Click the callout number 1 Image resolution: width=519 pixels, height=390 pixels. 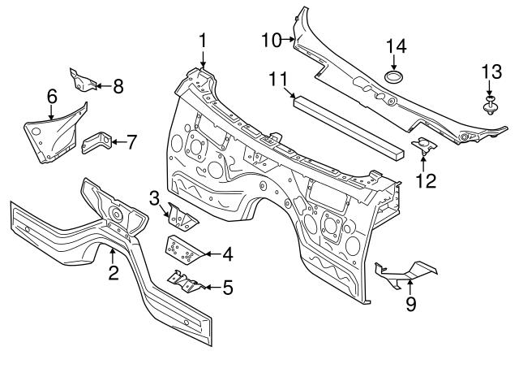tap(203, 39)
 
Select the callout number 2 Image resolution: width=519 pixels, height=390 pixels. tap(114, 272)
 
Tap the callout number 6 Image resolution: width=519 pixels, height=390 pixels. tap(52, 97)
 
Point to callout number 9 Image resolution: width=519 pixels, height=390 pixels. tap(410, 304)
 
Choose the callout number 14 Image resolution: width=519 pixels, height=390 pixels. tap(395, 45)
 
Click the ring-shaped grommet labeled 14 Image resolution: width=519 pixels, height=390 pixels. tap(395, 78)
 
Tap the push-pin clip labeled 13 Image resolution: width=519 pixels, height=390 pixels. tap(491, 105)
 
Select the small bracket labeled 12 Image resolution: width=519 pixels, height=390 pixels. tap(423, 146)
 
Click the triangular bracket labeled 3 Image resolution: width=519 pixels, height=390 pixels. tap(180, 218)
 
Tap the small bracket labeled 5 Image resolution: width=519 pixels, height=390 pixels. tap(184, 282)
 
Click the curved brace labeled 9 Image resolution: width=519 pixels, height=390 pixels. tap(405, 272)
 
